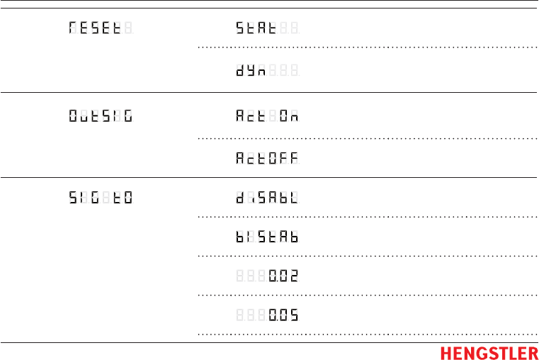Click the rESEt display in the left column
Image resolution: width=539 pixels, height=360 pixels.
click(x=99, y=29)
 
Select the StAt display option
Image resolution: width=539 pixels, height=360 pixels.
click(x=267, y=29)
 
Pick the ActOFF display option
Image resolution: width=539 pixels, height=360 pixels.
click(x=267, y=159)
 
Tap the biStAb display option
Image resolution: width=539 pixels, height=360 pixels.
click(x=267, y=236)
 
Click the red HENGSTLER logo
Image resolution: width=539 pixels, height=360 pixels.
click(x=489, y=353)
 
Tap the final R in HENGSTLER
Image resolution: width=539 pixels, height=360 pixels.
click(x=533, y=353)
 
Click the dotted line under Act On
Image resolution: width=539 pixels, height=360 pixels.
click(x=367, y=137)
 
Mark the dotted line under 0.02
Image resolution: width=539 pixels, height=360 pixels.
click(x=367, y=294)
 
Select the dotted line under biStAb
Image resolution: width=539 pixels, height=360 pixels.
click(x=367, y=255)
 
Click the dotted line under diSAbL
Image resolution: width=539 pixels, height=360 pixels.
click(x=367, y=216)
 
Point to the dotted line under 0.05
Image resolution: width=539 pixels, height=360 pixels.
click(x=367, y=333)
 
